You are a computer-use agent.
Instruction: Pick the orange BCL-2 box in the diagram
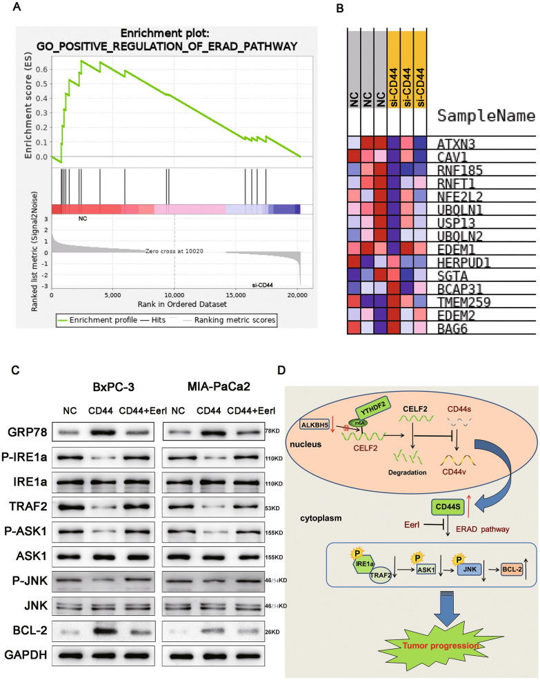click(x=509, y=571)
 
